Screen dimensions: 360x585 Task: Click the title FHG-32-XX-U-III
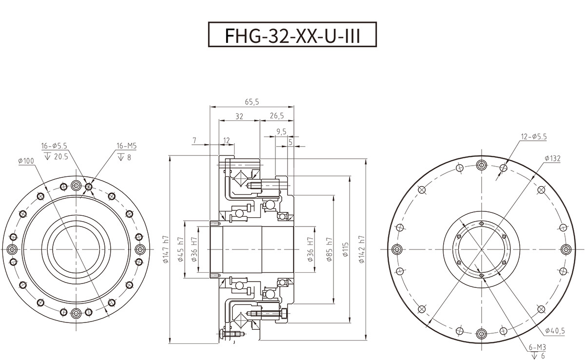[x=292, y=35]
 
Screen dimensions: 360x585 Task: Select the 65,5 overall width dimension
[x=252, y=102]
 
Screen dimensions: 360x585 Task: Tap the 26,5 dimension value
[x=276, y=116]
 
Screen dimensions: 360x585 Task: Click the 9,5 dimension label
[x=281, y=131]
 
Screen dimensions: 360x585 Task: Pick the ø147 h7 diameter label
[x=165, y=249]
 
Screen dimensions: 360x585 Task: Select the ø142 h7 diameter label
[x=361, y=249]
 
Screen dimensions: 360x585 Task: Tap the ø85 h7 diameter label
[x=330, y=249]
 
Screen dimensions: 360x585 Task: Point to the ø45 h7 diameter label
[x=180, y=249]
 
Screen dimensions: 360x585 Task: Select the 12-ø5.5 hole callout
[x=534, y=137]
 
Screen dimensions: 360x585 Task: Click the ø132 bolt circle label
[x=553, y=159]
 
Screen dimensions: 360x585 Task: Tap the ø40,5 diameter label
[x=555, y=331]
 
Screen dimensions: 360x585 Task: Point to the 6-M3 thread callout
[x=537, y=347]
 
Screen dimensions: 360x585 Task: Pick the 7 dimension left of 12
[x=195, y=140]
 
